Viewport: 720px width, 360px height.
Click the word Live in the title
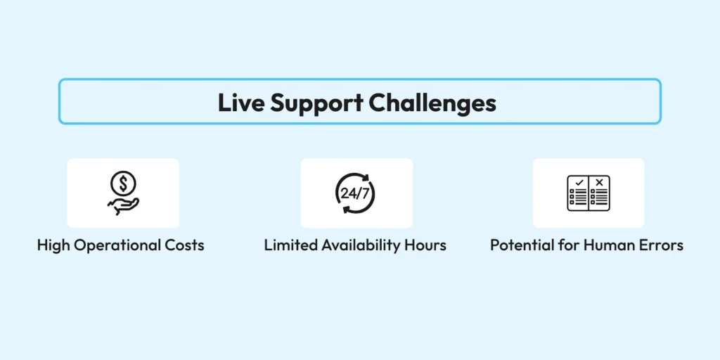click(x=241, y=103)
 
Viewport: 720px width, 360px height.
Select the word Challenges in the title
click(x=432, y=103)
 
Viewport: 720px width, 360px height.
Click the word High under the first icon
click(x=53, y=246)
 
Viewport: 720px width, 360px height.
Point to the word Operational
click(x=119, y=246)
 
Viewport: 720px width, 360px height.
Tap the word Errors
click(x=662, y=245)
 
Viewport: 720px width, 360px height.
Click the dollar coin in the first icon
click(x=124, y=184)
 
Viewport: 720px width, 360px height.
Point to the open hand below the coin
click(x=124, y=205)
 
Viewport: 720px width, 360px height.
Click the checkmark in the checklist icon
click(x=579, y=183)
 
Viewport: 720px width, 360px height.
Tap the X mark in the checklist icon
click(x=598, y=183)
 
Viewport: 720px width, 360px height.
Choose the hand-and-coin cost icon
click(x=124, y=193)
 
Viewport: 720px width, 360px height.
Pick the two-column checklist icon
click(x=589, y=193)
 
